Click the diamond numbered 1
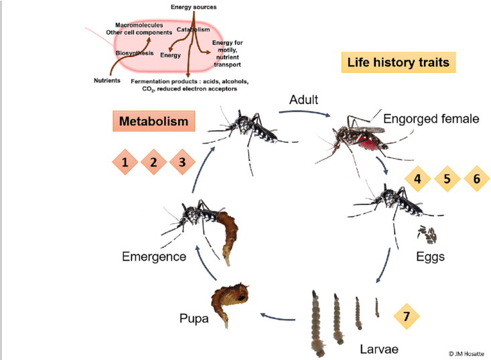tap(125, 162)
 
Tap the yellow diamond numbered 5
tap(447, 179)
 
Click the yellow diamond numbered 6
tap(477, 179)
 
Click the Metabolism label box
tap(153, 121)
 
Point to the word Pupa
tap(194, 318)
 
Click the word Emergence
tap(154, 256)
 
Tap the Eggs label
tap(429, 256)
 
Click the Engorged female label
tap(431, 119)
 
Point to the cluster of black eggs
tap(427, 235)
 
